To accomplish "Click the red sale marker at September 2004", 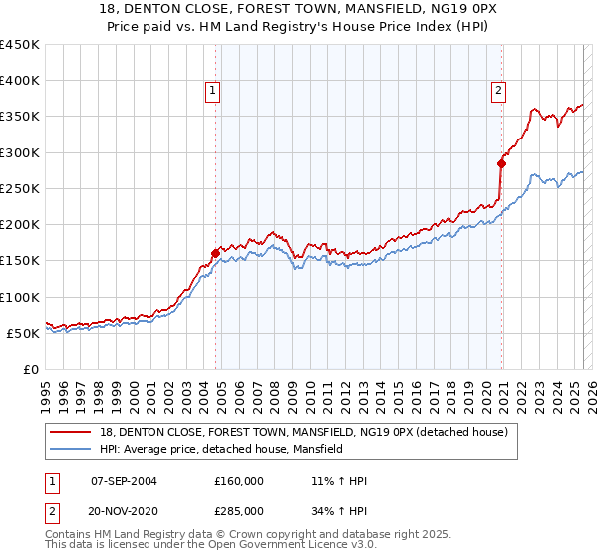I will coord(215,253).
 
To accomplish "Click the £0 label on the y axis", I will coord(31,369).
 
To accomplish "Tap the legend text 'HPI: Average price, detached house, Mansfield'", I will coord(220,449).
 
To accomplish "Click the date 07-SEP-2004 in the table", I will coord(124,481).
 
